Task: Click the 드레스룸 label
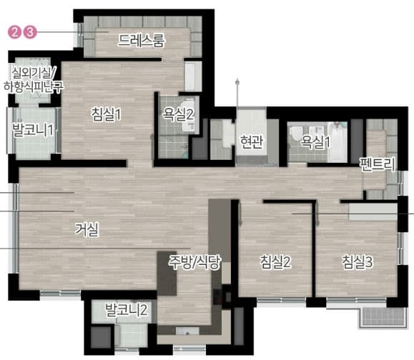[x=141, y=40]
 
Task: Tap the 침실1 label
[x=106, y=114]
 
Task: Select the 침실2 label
[x=275, y=261]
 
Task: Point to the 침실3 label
[x=358, y=261]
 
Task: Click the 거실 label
[x=87, y=229]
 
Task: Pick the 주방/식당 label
[x=194, y=262]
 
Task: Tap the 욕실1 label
[x=315, y=141]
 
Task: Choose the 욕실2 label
[x=178, y=114]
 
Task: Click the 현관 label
[x=252, y=141]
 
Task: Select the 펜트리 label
[x=378, y=164]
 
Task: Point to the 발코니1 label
[x=33, y=130]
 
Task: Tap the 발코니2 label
[x=127, y=309]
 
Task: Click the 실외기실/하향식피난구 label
[x=34, y=80]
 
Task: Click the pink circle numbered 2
[x=14, y=32]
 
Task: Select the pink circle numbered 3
[x=30, y=32]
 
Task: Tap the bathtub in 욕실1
[x=337, y=142]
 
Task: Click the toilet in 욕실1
[x=295, y=134]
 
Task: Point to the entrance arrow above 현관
[x=237, y=92]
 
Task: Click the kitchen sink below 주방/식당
[x=187, y=331]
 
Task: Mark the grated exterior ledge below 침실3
[x=382, y=318]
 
